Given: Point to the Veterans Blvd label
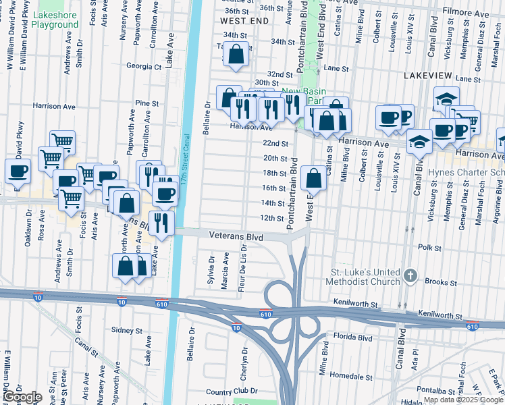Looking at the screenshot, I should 236,238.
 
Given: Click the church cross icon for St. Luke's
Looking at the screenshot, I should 410,275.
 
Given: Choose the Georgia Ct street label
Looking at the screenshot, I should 144,67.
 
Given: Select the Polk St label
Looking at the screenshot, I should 429,248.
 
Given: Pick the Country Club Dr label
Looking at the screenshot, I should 232,391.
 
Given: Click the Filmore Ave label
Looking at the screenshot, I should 465,13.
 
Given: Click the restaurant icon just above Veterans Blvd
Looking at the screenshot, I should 161,223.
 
